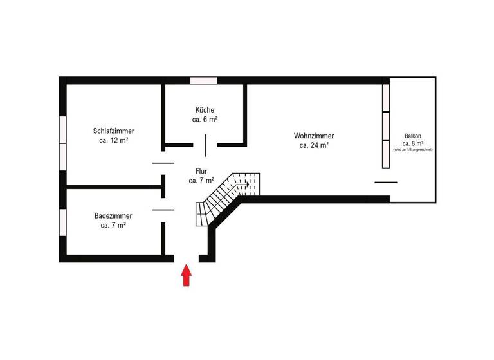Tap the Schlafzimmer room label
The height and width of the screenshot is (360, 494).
click(x=113, y=131)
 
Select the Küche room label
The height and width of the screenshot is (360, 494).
click(x=205, y=110)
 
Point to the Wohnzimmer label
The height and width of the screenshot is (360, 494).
click(x=314, y=136)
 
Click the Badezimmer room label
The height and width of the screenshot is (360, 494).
click(x=113, y=216)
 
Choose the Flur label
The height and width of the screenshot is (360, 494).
click(x=201, y=171)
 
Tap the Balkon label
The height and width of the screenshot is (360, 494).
click(x=413, y=136)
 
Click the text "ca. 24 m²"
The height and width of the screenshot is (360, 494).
click(x=314, y=146)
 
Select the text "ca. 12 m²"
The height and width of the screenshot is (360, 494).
click(x=113, y=141)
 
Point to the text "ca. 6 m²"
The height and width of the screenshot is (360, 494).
click(x=205, y=120)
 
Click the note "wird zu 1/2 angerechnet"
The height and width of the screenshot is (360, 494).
click(x=413, y=150)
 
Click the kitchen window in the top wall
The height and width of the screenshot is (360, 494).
click(x=203, y=80)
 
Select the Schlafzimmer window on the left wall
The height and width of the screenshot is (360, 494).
click(x=62, y=143)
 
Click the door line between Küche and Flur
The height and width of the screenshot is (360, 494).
click(x=206, y=145)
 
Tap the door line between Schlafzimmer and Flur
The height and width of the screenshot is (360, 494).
click(x=163, y=163)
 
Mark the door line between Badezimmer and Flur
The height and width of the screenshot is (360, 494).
click(x=163, y=210)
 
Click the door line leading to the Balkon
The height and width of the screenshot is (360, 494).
click(x=386, y=182)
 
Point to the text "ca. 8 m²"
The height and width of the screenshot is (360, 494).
click(x=413, y=143)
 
